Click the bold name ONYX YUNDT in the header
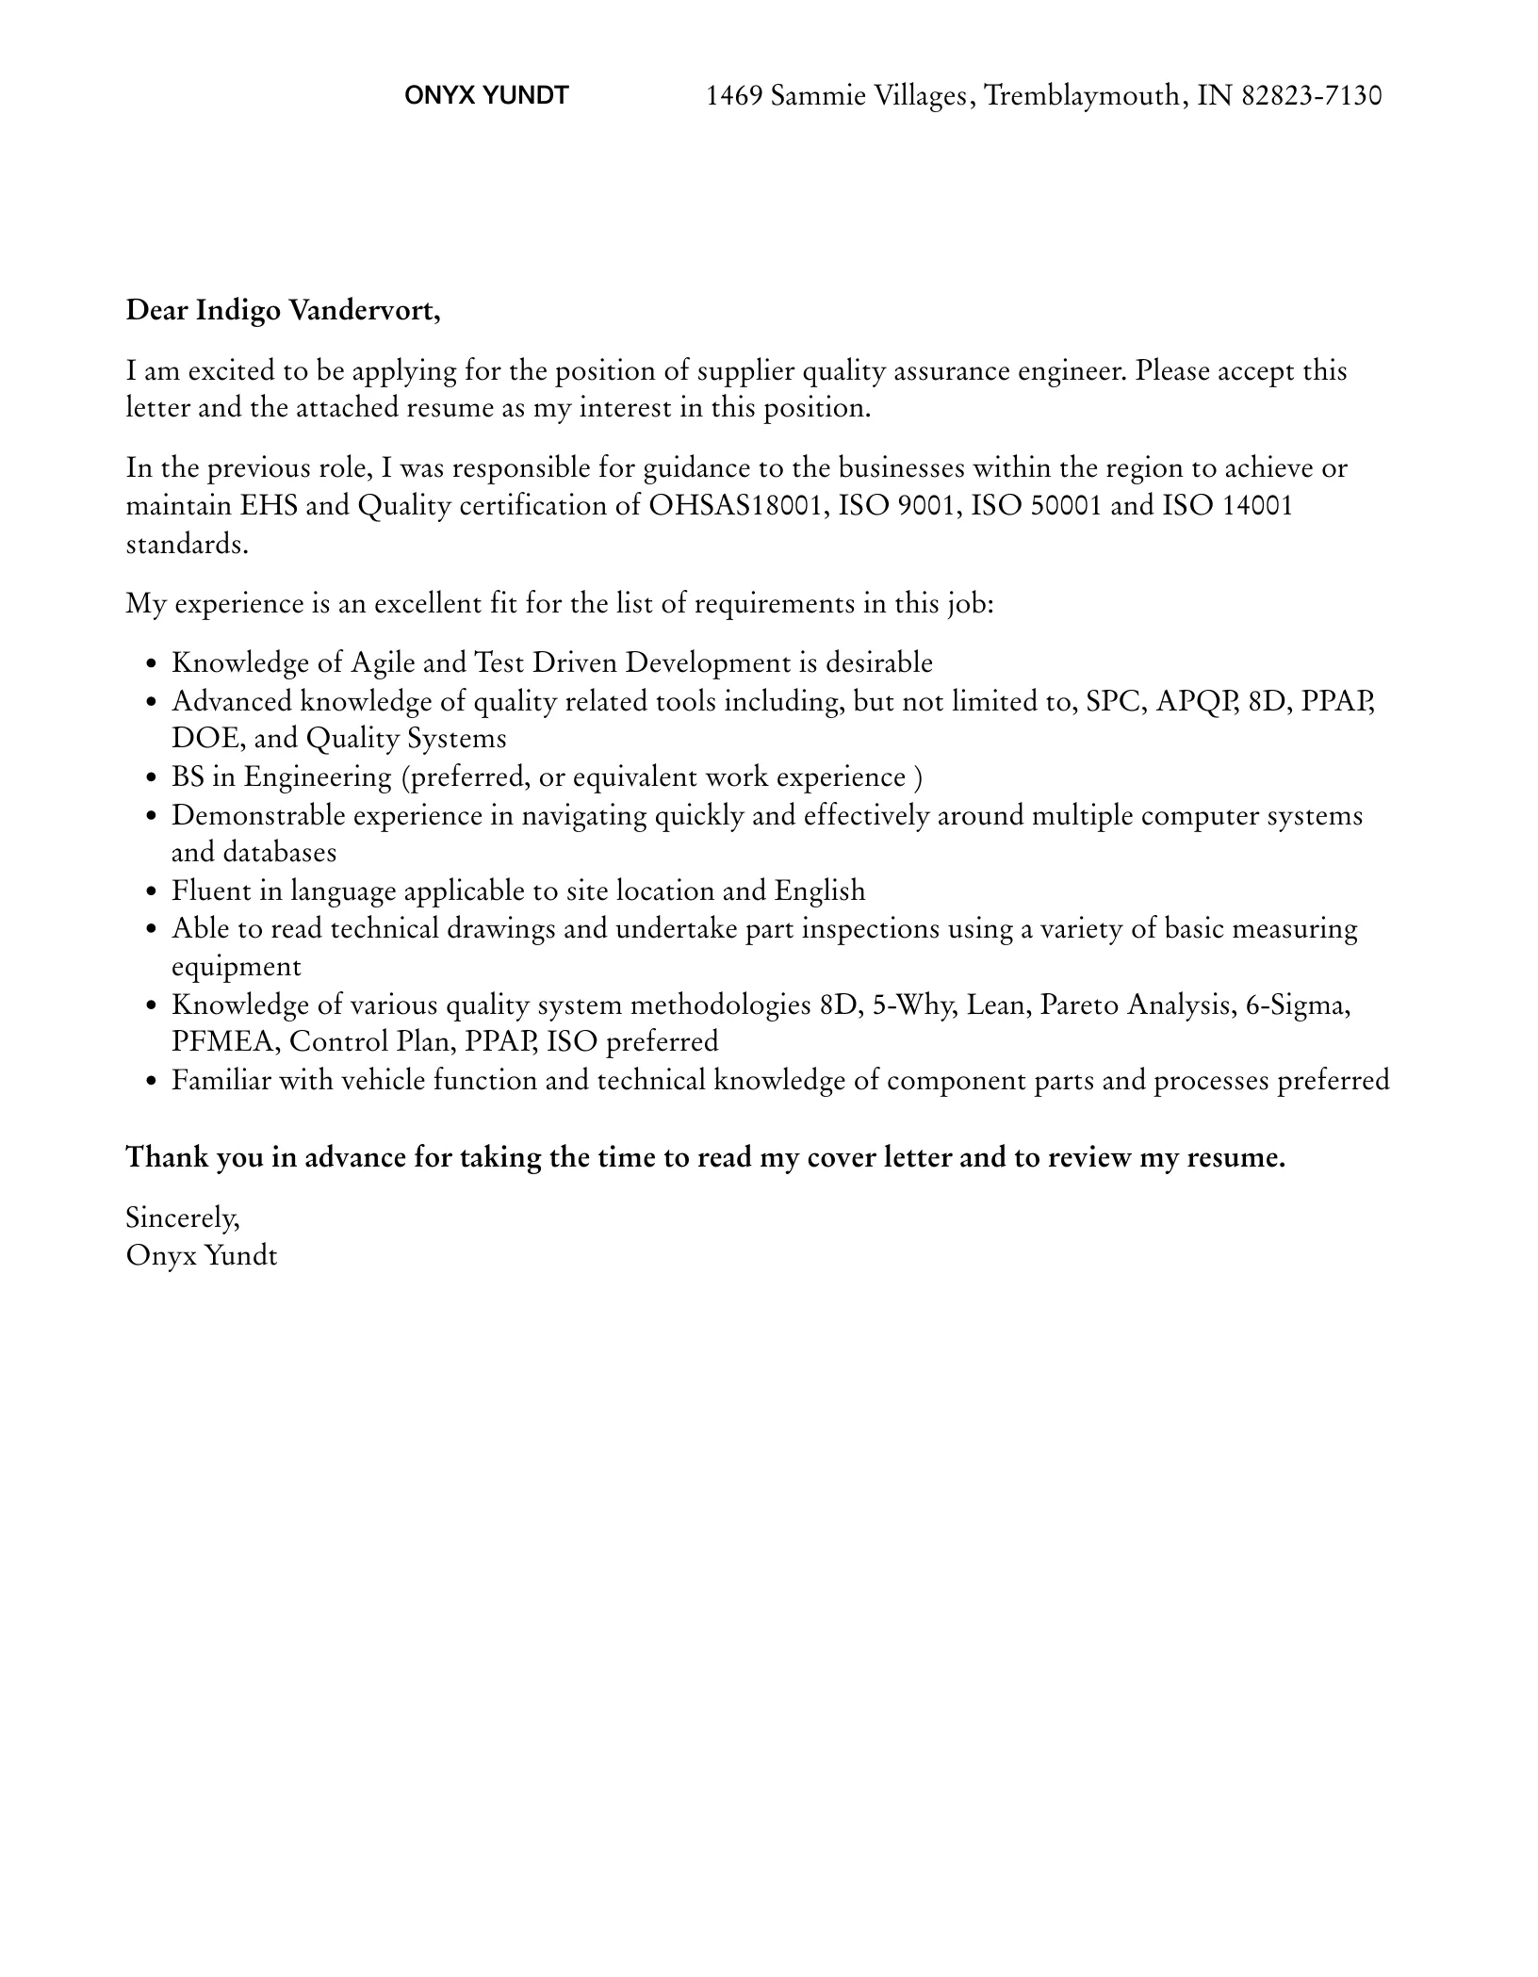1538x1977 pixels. [x=486, y=95]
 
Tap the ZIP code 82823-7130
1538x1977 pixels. [x=1312, y=95]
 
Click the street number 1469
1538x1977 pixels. [x=734, y=95]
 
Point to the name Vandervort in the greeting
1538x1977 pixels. [x=365, y=310]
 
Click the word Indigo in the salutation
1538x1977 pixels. [x=237, y=310]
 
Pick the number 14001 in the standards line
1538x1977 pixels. [x=1257, y=505]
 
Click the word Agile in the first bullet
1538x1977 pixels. [x=383, y=662]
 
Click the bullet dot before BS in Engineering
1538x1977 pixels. [x=152, y=779]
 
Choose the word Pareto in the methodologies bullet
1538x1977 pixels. [x=1079, y=1005]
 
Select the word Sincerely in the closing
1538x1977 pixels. [x=182, y=1217]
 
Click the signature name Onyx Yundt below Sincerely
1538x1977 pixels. [x=202, y=1255]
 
